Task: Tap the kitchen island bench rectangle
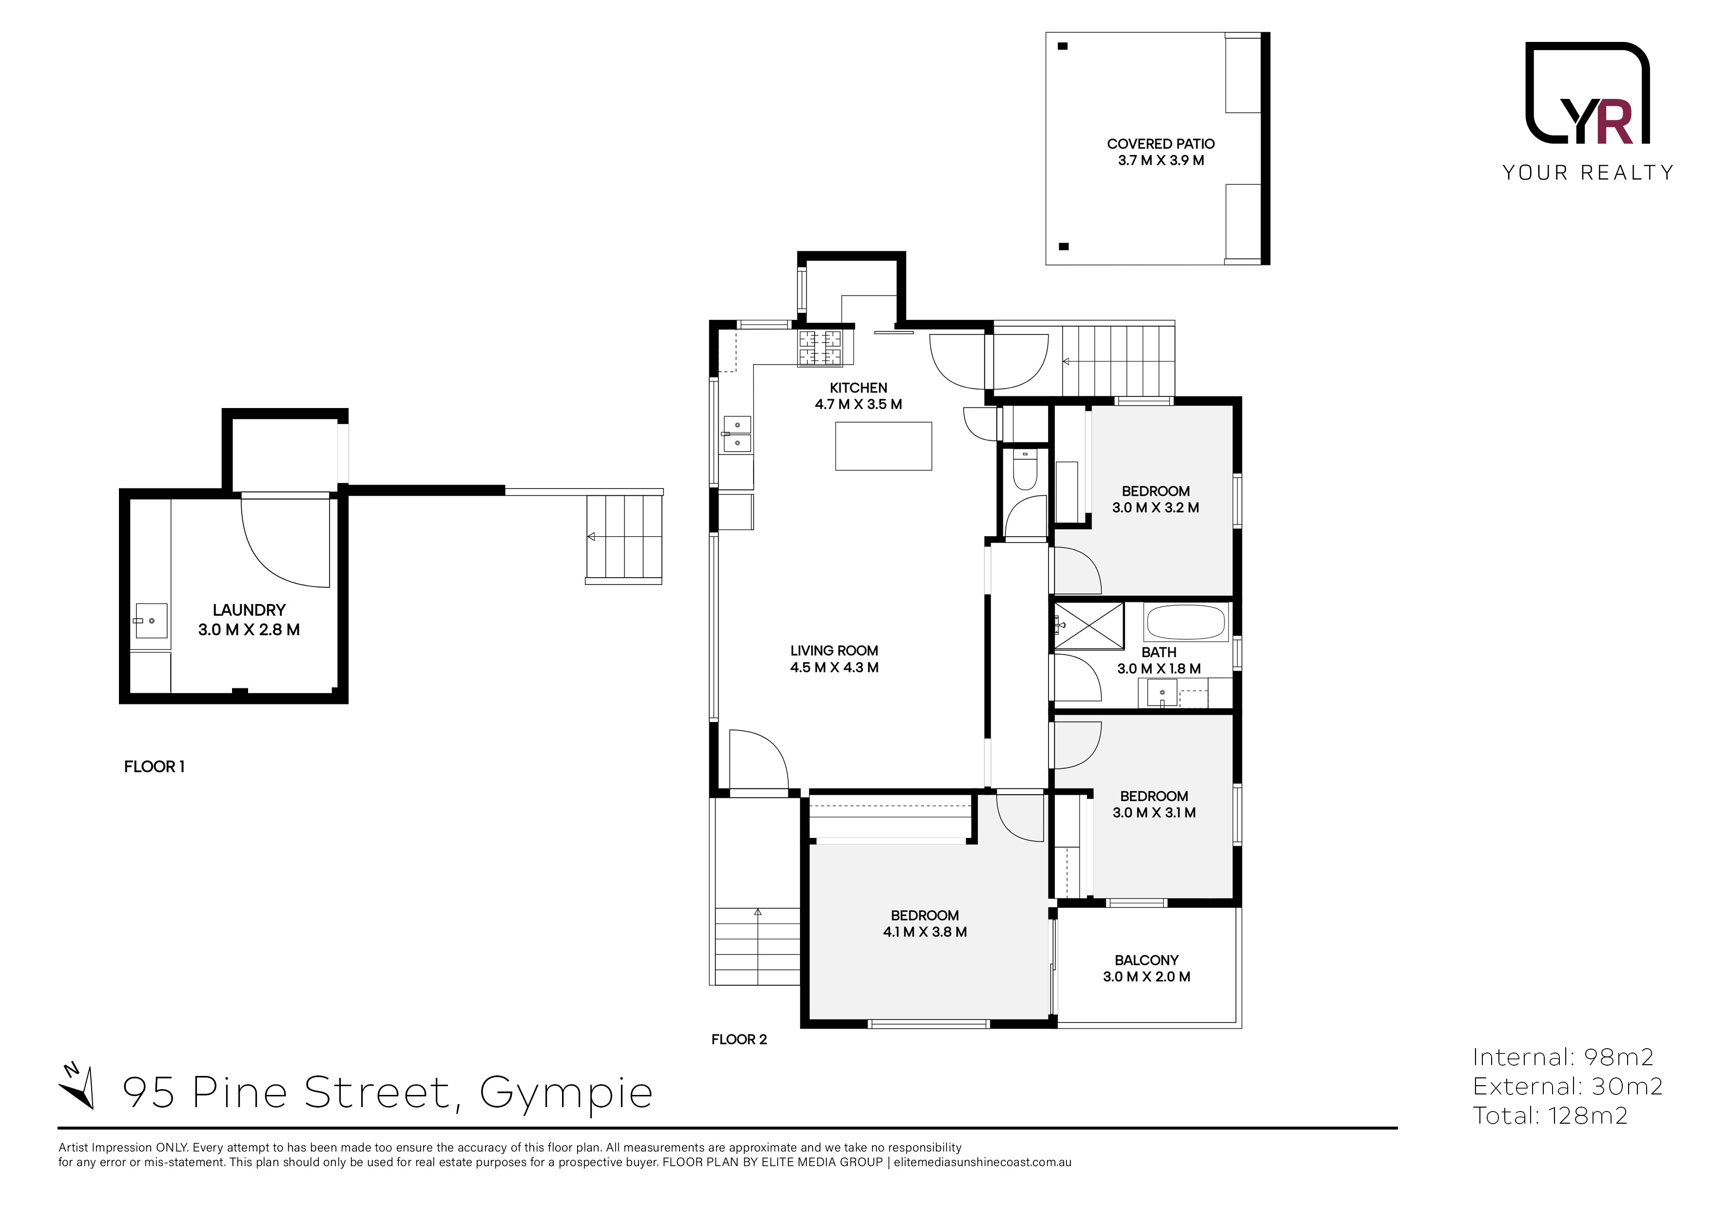[x=883, y=446]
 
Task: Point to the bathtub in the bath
[x=1185, y=623]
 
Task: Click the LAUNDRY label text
[x=249, y=610]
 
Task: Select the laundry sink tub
[x=151, y=621]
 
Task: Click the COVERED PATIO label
[x=1160, y=144]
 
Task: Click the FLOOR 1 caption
[x=154, y=766]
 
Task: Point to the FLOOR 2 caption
[x=739, y=1039]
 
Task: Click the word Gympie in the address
[x=566, y=1093]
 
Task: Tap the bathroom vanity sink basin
[x=1162, y=693]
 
